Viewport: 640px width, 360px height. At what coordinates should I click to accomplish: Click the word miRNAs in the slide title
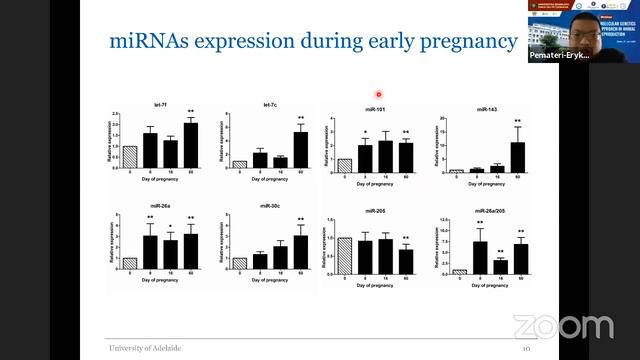[x=147, y=42]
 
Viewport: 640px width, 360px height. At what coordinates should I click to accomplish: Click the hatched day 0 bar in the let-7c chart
[x=240, y=163]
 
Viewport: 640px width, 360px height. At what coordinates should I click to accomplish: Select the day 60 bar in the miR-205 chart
[x=405, y=260]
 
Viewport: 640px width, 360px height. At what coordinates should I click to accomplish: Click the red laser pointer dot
[x=379, y=94]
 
